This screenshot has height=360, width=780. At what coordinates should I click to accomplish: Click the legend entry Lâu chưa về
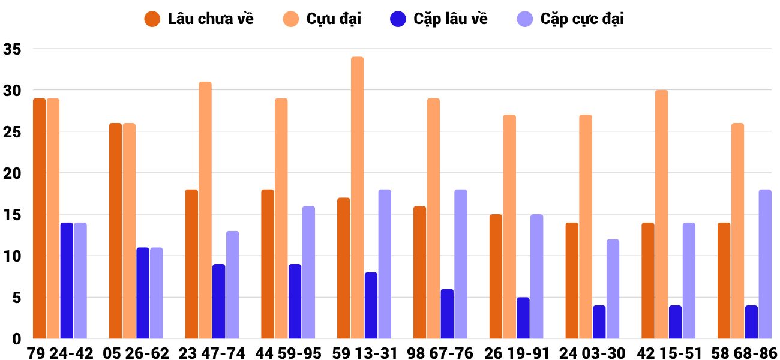(199, 19)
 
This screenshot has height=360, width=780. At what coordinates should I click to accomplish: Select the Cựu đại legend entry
(322, 19)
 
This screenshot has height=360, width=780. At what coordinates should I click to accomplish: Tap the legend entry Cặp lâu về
(439, 19)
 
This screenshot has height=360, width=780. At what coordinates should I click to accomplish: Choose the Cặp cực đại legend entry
(571, 19)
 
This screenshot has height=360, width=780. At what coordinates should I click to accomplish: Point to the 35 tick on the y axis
(12, 49)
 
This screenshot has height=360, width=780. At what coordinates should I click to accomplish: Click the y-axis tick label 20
(12, 173)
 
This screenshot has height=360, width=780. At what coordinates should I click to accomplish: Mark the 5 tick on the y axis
(17, 298)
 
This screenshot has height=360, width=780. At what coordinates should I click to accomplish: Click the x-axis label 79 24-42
(60, 353)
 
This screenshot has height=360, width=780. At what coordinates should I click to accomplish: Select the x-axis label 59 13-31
(364, 353)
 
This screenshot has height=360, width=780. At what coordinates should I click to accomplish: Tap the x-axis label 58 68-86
(745, 353)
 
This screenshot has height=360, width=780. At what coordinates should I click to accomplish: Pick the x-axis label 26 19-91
(517, 353)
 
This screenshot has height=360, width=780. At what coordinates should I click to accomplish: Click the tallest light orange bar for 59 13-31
(357, 197)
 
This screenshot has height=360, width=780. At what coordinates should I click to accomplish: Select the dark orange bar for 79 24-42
(40, 218)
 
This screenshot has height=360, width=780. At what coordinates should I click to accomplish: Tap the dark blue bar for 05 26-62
(143, 293)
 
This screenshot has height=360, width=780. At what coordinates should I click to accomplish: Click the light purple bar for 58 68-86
(765, 264)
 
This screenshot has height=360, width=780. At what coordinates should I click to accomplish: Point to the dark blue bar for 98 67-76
(447, 314)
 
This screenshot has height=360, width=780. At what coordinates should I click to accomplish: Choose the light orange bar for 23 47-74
(205, 210)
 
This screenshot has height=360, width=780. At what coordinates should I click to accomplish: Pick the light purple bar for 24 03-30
(613, 289)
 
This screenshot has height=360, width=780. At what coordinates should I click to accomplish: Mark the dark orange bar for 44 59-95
(268, 264)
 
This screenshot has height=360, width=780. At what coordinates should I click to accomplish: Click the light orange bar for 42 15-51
(662, 214)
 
